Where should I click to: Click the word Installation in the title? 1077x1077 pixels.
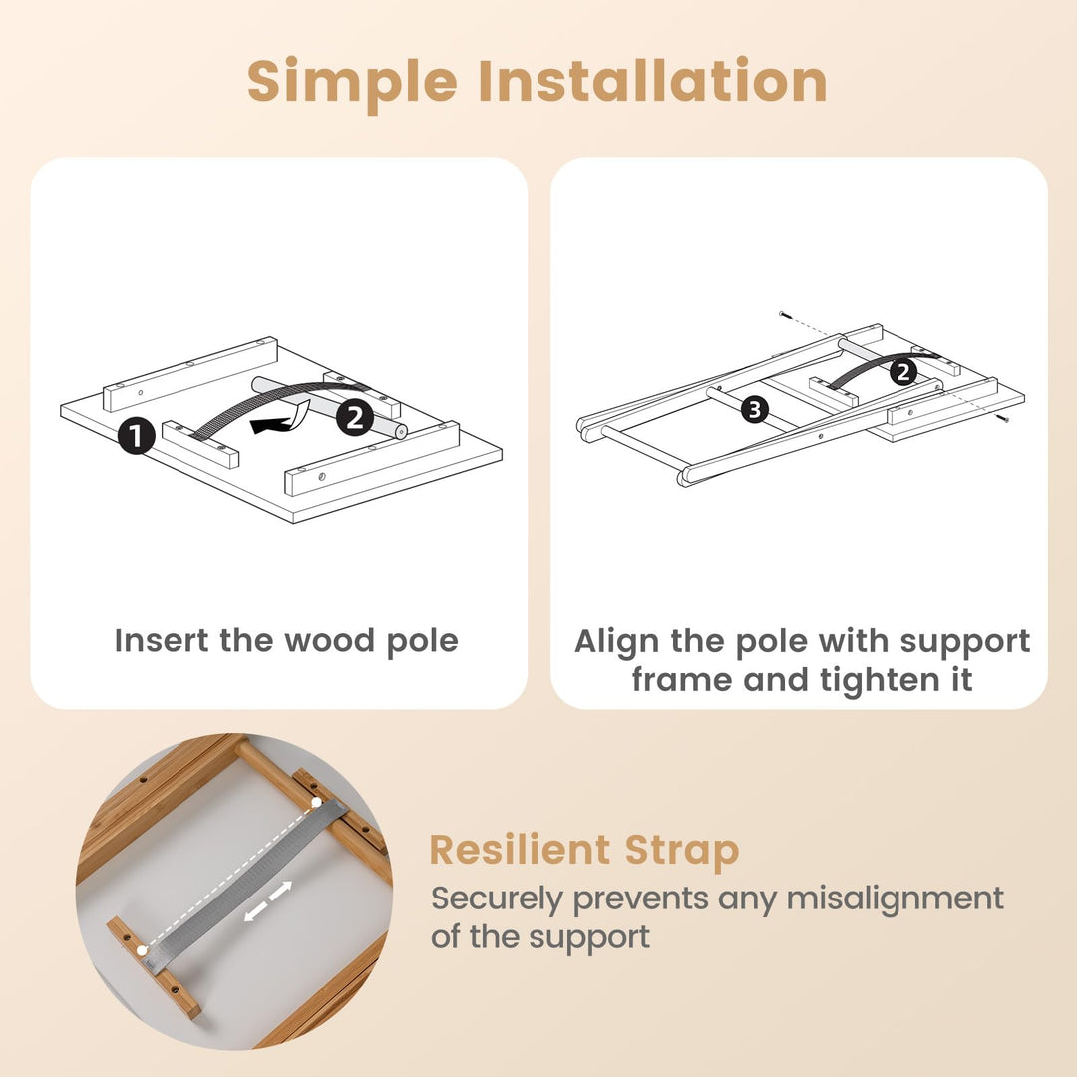click(x=653, y=80)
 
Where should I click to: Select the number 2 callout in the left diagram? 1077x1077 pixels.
click(x=354, y=417)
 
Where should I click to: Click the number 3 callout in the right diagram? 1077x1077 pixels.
click(x=755, y=410)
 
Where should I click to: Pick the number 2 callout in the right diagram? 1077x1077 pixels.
click(x=903, y=372)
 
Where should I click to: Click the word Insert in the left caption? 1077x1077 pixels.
click(x=162, y=640)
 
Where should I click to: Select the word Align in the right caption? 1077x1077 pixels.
click(x=617, y=642)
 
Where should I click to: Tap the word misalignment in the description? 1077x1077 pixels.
click(x=895, y=899)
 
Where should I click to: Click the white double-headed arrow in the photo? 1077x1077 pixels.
click(x=268, y=900)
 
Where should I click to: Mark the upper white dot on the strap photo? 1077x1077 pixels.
click(x=316, y=802)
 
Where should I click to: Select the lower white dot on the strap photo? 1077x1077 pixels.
click(x=142, y=950)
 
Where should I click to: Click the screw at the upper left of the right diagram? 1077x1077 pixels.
click(x=785, y=315)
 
